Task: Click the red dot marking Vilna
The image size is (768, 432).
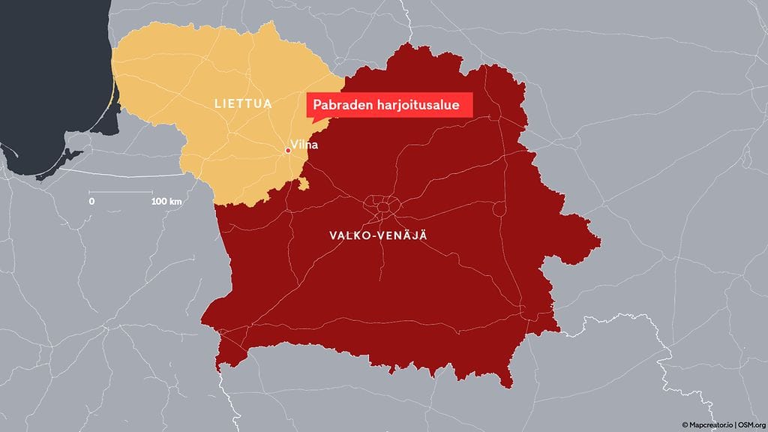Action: [288, 151]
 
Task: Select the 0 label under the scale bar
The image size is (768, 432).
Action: [91, 202]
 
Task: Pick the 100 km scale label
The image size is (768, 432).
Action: [166, 202]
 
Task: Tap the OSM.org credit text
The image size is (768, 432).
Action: [751, 424]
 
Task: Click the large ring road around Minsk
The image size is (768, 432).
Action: [382, 205]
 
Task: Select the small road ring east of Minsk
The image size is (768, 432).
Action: [497, 209]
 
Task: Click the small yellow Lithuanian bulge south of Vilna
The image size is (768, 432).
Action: [304, 183]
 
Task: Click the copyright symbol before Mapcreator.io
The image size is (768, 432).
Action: [685, 424]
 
